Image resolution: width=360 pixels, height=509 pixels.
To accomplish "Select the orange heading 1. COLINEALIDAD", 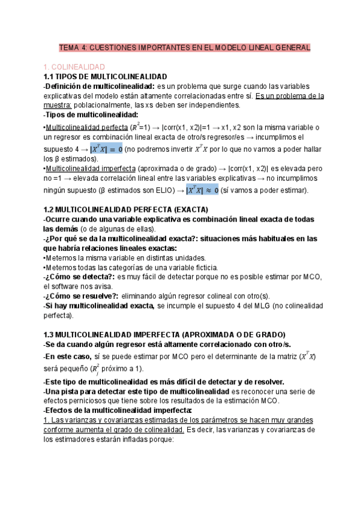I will point(75,67).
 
